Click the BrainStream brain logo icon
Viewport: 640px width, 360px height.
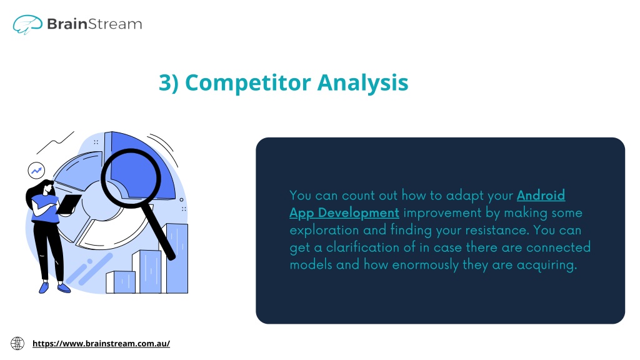pos(27,24)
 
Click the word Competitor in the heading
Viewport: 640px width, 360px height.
pos(248,83)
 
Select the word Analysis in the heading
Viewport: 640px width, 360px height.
pos(363,83)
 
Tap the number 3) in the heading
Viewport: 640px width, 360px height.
pos(169,83)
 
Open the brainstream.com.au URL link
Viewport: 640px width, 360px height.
pos(101,343)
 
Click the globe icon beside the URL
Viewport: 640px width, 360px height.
pos(17,343)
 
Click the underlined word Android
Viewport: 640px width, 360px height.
pos(541,196)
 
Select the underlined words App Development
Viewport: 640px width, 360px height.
pos(344,213)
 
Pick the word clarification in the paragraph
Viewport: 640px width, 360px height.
pos(365,247)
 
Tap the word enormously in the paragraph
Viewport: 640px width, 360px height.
pos(425,265)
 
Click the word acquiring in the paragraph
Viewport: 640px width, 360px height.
pos(547,265)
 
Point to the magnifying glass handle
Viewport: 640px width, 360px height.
pos(161,231)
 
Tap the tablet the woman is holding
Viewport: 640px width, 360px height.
pos(69,204)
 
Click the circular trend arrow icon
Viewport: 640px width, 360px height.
pos(36,171)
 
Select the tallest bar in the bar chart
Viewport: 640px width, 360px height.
pos(177,258)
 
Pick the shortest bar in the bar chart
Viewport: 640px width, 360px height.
pos(121,282)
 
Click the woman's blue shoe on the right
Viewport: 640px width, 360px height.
pos(64,288)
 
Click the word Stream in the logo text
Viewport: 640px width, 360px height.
pos(115,24)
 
